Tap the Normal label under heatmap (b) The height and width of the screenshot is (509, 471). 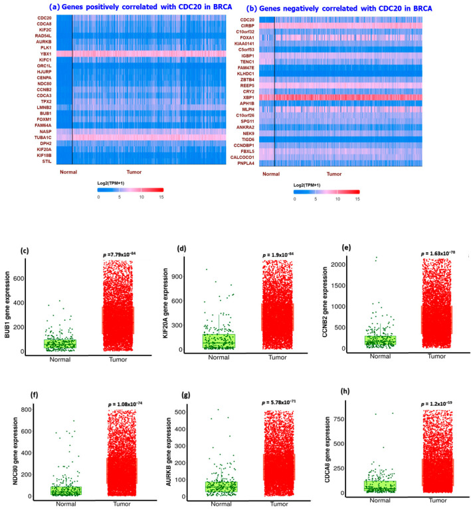(271, 174)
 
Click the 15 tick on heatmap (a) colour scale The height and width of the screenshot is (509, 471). (161, 198)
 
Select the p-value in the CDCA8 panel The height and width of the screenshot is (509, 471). (432, 385)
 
